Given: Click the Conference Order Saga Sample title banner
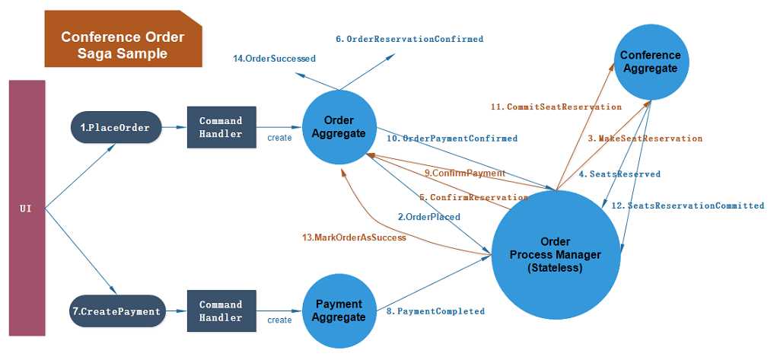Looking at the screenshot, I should [x=123, y=46].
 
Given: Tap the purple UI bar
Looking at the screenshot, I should [x=27, y=207].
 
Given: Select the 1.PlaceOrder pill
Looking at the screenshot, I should [x=116, y=127].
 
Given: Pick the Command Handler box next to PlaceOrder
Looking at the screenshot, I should [x=221, y=127].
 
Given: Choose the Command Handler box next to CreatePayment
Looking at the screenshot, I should [x=221, y=311].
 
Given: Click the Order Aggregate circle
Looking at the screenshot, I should [x=339, y=127].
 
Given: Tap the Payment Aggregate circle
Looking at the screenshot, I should [x=339, y=311].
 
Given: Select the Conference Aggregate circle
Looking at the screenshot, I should [x=650, y=62].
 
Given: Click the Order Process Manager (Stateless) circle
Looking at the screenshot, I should [x=555, y=254].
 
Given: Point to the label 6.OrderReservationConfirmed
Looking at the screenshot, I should [x=409, y=39].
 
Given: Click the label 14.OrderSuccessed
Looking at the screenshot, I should [x=274, y=58].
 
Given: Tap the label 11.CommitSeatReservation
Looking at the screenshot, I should [x=556, y=107].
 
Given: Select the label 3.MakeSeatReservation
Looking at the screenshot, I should [x=645, y=139].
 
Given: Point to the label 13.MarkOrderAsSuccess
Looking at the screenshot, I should [x=354, y=237].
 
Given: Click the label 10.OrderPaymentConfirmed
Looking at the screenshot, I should [x=452, y=139].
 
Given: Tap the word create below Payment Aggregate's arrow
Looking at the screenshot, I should [x=279, y=320].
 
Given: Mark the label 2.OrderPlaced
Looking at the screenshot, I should [x=428, y=217].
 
